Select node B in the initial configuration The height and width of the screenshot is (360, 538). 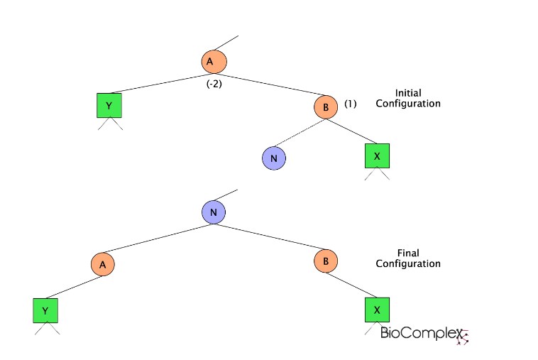[326, 107]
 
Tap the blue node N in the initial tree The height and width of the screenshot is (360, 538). [273, 158]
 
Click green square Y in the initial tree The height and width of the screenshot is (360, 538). [109, 105]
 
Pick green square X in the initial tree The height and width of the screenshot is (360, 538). [377, 156]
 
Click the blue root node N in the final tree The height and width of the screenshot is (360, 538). [214, 212]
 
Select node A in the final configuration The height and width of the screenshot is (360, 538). [102, 265]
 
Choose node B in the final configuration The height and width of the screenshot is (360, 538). [326, 261]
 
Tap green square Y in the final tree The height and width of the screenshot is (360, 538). [45, 310]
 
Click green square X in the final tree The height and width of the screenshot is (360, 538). [377, 310]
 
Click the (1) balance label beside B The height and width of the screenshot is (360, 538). [350, 104]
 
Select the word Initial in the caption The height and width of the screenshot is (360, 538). [407, 92]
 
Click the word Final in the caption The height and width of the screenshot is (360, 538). [407, 253]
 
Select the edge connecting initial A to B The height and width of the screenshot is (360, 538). [270, 84]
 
